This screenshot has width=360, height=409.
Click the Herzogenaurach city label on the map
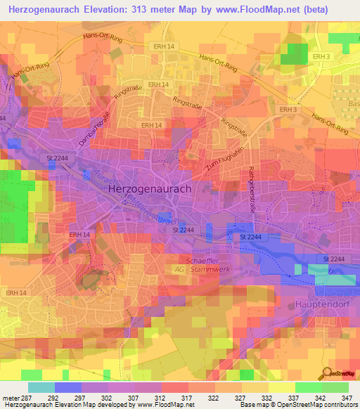click(x=150, y=189)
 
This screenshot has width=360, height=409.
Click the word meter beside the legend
click(x=10, y=398)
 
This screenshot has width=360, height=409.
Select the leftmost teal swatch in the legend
click(x=41, y=387)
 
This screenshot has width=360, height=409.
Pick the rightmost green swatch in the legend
click(x=335, y=387)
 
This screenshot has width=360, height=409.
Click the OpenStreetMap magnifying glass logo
click(x=326, y=372)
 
